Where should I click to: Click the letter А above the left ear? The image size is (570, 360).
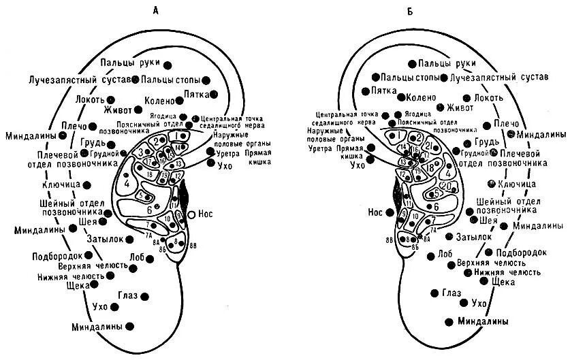coord(156,10)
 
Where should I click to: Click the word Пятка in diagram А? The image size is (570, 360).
coord(198,94)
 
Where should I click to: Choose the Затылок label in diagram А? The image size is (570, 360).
coord(104,238)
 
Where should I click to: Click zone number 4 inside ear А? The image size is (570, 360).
coord(127,182)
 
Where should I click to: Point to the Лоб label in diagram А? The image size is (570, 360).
coord(137,257)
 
